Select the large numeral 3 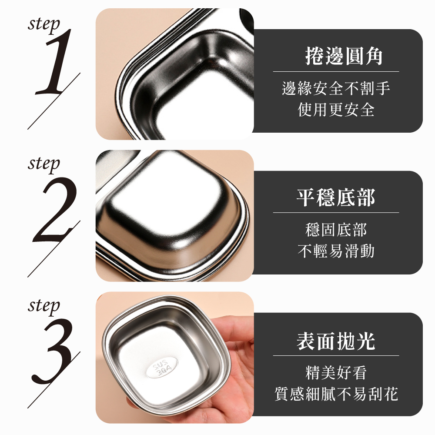53,351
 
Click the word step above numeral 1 44,25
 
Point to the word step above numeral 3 44,306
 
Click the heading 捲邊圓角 344,56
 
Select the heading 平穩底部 336,197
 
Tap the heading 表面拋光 336,341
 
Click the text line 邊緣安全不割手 336,88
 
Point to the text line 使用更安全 336,110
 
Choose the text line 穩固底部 336,230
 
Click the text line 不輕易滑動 336,251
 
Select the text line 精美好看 336,373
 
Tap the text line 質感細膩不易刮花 336,394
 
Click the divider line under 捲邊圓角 336,72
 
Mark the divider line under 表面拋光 336,355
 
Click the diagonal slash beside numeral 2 54,249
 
